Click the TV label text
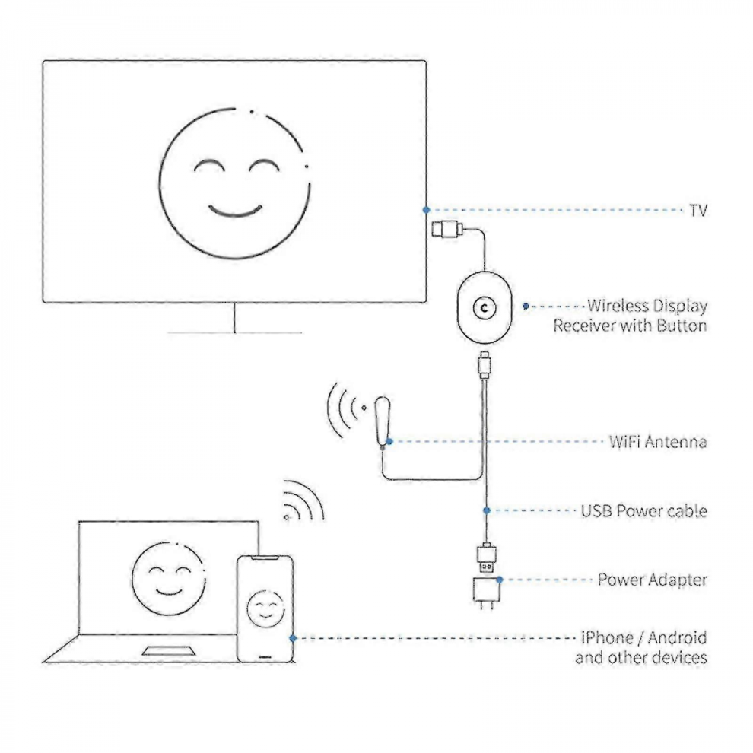point(698,211)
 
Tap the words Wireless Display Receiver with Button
point(630,316)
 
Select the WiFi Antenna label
point(658,441)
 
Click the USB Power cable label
point(644,510)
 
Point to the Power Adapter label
point(652,580)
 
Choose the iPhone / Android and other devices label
point(641,647)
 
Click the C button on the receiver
point(484,308)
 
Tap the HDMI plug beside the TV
point(447,229)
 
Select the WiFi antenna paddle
point(383,421)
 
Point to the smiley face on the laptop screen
point(169,579)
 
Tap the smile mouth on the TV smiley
point(235,211)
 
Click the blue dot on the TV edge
point(426,210)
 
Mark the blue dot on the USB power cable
point(487,510)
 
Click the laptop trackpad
point(169,651)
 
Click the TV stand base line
point(234,332)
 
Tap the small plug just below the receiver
point(485,364)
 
